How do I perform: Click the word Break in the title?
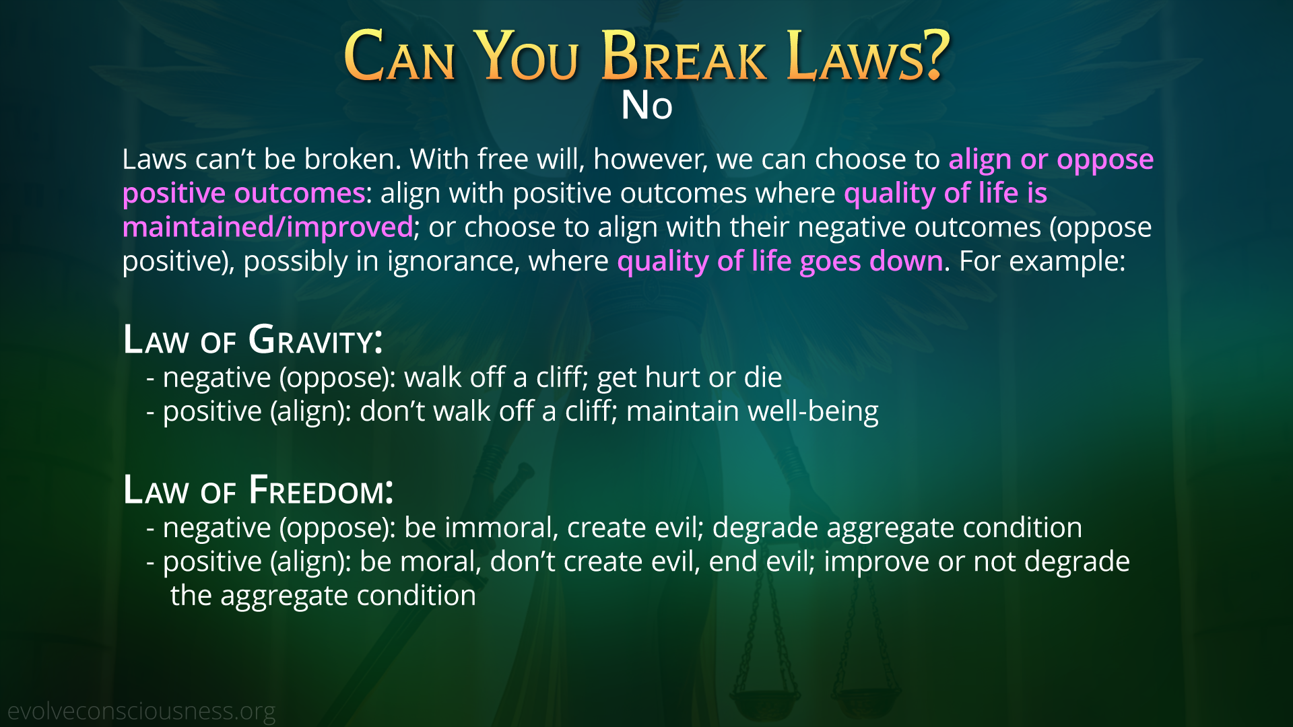click(x=684, y=57)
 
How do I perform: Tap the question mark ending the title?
click(x=935, y=55)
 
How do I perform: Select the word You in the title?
click(x=526, y=57)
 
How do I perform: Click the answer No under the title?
click(x=647, y=106)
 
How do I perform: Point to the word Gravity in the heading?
click(x=315, y=339)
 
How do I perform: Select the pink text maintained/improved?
click(x=267, y=228)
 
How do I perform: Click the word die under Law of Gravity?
click(x=763, y=378)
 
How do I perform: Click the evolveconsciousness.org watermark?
click(x=141, y=712)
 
